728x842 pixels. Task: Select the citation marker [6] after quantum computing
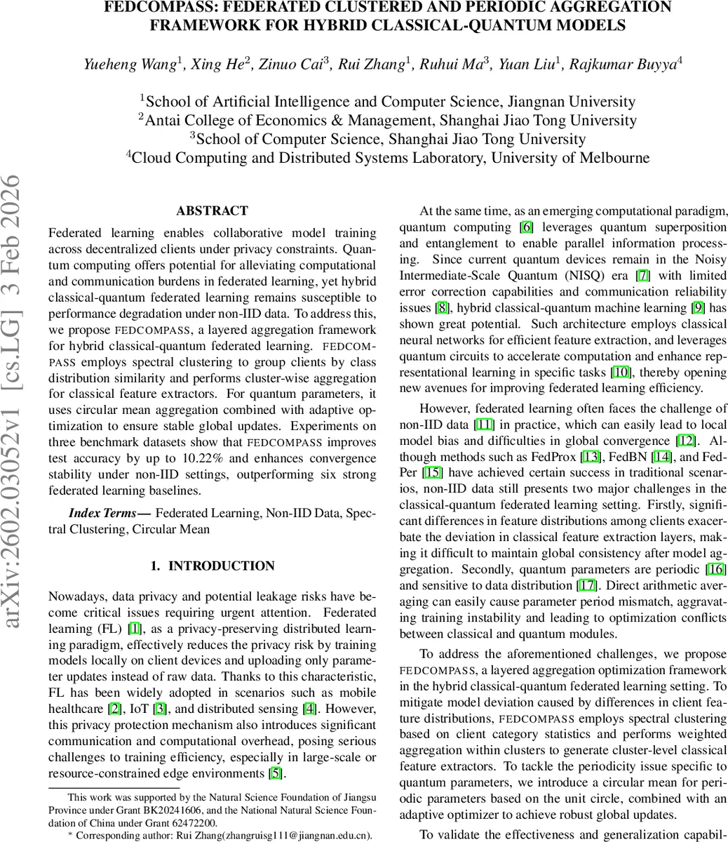(x=526, y=227)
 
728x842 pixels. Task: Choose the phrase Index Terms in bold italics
(x=102, y=513)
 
